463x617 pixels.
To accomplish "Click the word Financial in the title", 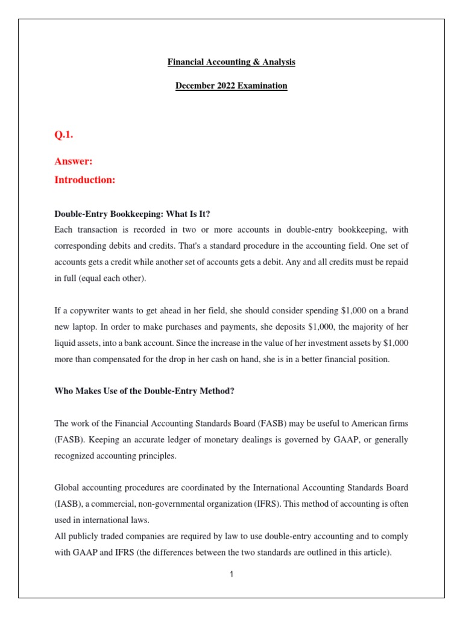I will [185, 62].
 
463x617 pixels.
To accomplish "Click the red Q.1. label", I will [64, 135].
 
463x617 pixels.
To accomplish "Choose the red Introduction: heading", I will [84, 180].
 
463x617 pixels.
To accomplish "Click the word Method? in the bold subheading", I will [215, 391].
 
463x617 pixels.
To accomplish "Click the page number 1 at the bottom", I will [231, 575].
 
